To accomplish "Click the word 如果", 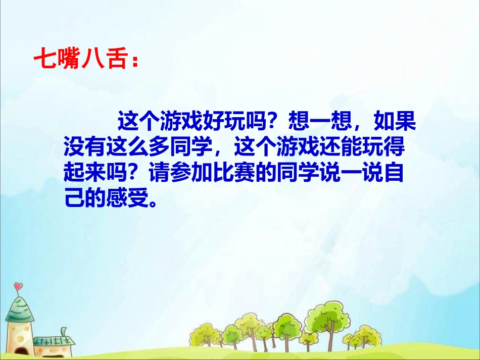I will tap(394, 122).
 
